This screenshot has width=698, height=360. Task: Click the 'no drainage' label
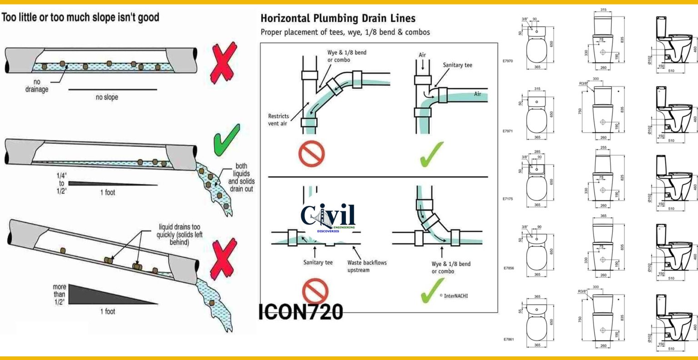click(37, 86)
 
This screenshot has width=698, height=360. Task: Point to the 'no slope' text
click(106, 97)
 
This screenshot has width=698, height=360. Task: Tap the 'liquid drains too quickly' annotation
click(179, 235)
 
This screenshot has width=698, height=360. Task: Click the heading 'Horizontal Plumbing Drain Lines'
click(338, 19)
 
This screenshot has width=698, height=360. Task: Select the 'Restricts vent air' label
click(278, 120)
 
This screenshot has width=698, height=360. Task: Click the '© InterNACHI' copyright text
click(453, 296)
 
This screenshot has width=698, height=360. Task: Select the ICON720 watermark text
click(300, 312)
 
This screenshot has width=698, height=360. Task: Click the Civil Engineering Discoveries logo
click(328, 217)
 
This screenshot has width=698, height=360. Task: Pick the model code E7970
click(508, 61)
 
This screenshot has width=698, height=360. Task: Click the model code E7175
click(508, 199)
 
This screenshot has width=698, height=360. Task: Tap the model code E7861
click(508, 339)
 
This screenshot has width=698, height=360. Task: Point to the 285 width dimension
click(537, 152)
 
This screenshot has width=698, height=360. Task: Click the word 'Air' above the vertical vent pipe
click(422, 55)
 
